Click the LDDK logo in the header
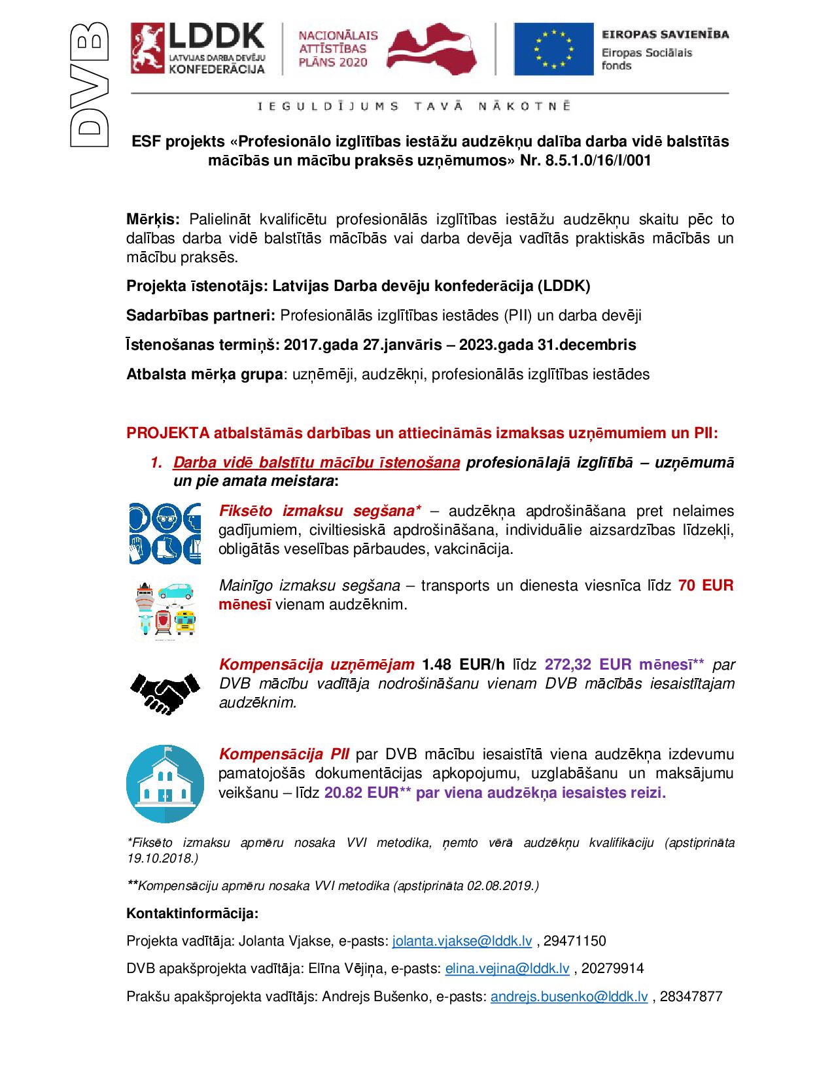[x=198, y=48]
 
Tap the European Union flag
[x=553, y=49]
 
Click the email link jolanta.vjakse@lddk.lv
[x=462, y=941]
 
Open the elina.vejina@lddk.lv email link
[x=507, y=968]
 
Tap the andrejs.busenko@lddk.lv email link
[x=569, y=997]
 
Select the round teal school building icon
[x=165, y=783]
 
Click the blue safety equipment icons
[x=165, y=534]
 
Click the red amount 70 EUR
[x=706, y=585]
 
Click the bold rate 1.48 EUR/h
[x=464, y=664]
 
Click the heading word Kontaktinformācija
[x=192, y=913]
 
